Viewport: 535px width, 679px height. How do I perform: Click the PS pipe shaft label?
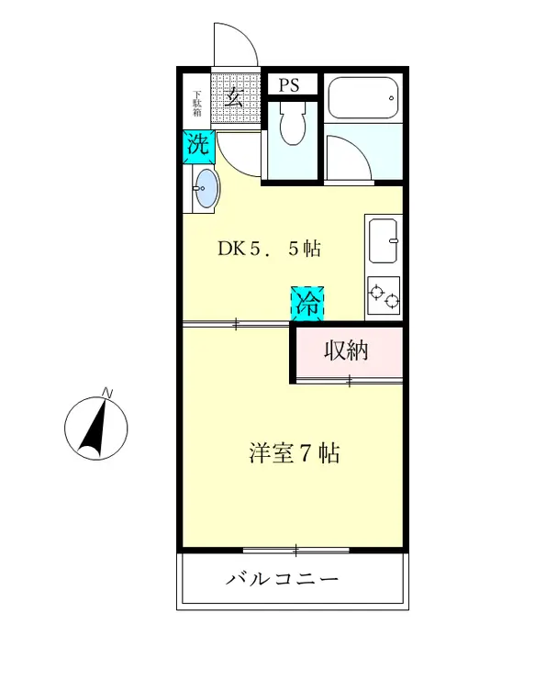290,85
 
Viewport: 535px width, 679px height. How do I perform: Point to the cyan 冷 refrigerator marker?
308,304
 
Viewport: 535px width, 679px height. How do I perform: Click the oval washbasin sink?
206,189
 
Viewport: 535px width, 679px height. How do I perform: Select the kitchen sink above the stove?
385,242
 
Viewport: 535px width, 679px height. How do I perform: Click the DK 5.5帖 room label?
268,248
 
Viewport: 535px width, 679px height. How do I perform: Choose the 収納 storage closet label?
347,351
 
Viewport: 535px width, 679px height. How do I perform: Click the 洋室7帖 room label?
294,452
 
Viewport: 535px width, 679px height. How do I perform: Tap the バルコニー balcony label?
283,580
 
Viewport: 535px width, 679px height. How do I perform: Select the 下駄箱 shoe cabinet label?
196,103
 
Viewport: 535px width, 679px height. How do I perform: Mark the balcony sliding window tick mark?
295,551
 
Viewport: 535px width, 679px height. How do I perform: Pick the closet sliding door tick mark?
349,379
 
